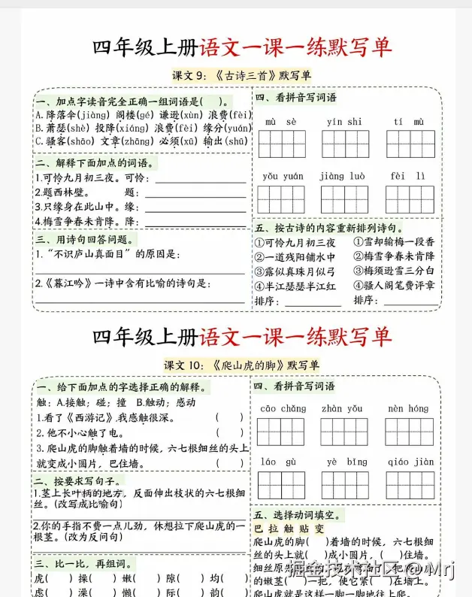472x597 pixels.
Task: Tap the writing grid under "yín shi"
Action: coord(345,143)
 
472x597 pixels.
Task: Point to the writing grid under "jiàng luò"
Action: coord(345,198)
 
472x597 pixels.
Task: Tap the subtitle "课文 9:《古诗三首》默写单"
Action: coord(241,75)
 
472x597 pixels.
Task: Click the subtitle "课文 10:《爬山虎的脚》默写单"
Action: coord(241,365)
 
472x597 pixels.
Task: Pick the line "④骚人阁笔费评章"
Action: coord(394,286)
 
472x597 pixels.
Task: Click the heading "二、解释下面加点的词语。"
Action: coord(95,162)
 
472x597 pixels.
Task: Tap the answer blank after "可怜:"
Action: coord(200,178)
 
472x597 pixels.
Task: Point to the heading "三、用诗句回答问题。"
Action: coord(86,239)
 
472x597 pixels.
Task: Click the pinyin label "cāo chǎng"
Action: coord(283,408)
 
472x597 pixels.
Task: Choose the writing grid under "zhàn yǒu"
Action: coord(345,431)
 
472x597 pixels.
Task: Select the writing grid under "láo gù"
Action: coord(282,483)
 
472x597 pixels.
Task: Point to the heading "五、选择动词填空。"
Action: coord(298,515)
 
